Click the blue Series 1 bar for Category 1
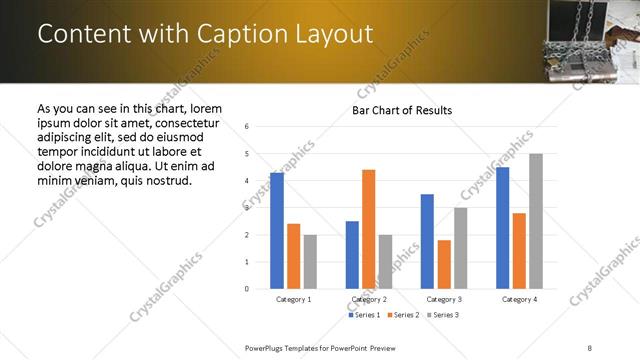pyautogui.click(x=277, y=231)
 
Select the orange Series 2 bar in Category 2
pyautogui.click(x=368, y=229)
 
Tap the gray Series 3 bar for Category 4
pyautogui.click(x=536, y=221)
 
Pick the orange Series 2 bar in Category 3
pyautogui.click(x=444, y=264)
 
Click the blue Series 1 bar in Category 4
pyautogui.click(x=502, y=228)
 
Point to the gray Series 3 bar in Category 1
pyautogui.click(x=310, y=262)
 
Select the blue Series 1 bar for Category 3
pyautogui.click(x=427, y=241)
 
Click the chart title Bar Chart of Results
pyautogui.click(x=402, y=110)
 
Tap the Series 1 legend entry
pyautogui.click(x=363, y=315)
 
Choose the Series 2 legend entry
pyautogui.click(x=403, y=315)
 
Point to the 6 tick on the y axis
pyautogui.click(x=247, y=127)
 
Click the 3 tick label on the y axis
pyautogui.click(x=247, y=208)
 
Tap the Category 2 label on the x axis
pyautogui.click(x=369, y=299)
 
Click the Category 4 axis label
pyautogui.click(x=519, y=299)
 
